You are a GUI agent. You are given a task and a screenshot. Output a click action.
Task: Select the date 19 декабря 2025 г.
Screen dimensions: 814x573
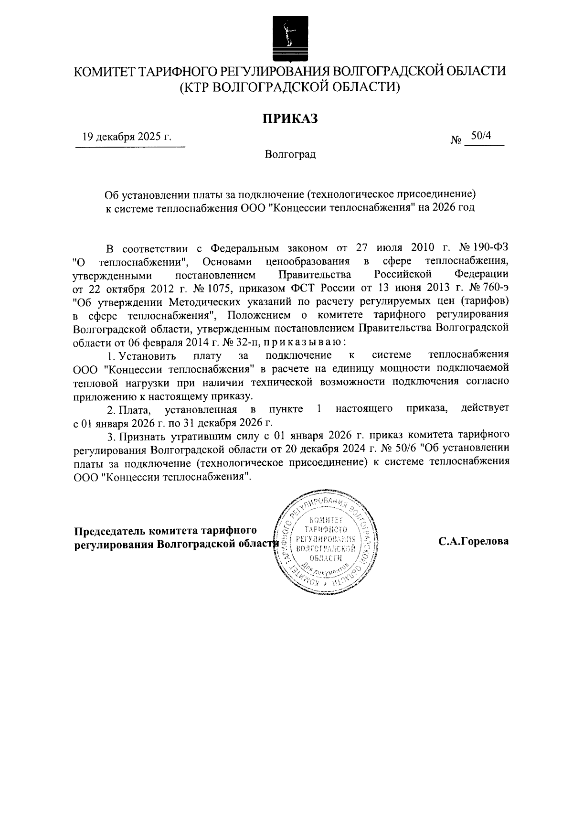127,137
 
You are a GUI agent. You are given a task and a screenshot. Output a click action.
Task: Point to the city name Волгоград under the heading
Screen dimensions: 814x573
290,155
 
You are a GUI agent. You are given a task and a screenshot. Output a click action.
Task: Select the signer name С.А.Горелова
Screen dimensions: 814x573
474,541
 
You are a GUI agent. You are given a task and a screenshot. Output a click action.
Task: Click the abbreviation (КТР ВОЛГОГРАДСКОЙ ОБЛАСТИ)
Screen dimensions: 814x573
289,87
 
